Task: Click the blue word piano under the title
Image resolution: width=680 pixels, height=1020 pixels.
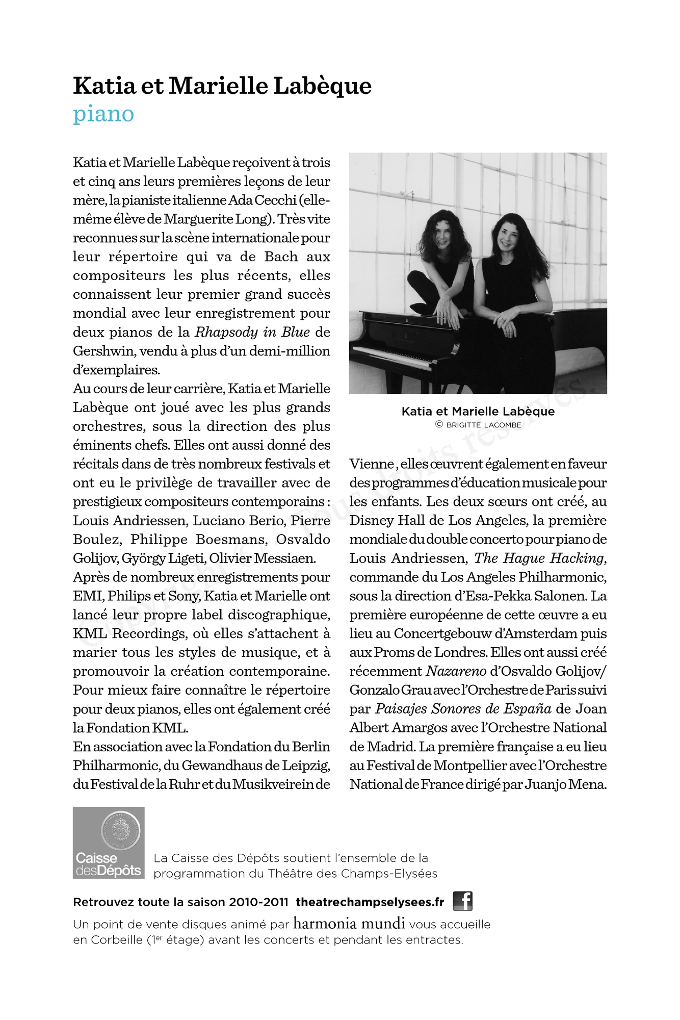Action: (x=103, y=114)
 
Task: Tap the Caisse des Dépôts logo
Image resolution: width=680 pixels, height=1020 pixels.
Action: (x=109, y=843)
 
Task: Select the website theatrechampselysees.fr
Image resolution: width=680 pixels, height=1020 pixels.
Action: (x=370, y=902)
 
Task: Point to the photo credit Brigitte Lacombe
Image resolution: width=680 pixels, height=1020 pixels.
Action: (x=483, y=425)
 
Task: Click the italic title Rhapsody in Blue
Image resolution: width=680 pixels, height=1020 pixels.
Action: (x=252, y=332)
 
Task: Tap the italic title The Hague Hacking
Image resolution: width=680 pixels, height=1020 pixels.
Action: (x=539, y=558)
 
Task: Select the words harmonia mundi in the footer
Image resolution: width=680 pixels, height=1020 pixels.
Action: (x=349, y=923)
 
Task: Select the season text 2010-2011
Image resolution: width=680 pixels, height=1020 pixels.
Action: (x=258, y=902)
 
